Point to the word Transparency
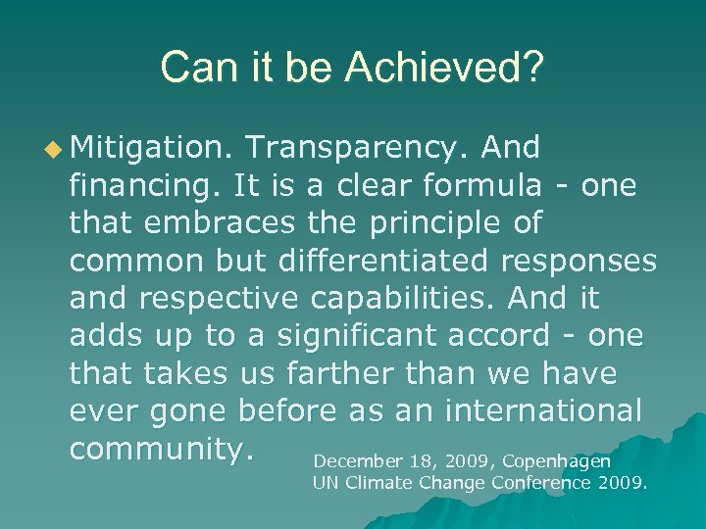coord(359,148)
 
